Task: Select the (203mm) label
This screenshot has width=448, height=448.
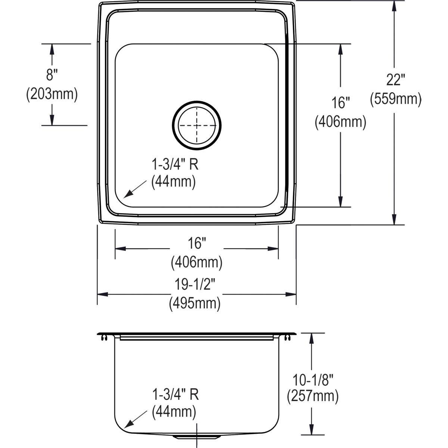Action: tap(52, 94)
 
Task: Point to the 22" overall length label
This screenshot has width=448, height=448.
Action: tap(395, 80)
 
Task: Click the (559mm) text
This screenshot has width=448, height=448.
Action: tap(395, 99)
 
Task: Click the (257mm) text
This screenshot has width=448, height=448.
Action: tap(313, 396)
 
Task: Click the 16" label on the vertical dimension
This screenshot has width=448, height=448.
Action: tap(340, 103)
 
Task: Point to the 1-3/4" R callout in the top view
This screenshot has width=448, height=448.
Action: tap(174, 164)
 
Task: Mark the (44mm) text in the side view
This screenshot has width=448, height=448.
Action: tap(174, 412)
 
